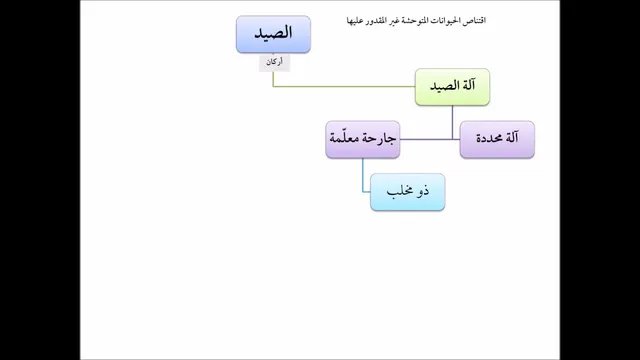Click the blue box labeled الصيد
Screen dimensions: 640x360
(x=273, y=34)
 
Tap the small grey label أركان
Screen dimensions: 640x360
(x=274, y=62)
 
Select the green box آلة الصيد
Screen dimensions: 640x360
(x=452, y=87)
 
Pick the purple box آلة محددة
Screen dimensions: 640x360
(x=497, y=139)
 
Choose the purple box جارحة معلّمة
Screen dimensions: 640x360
(x=363, y=139)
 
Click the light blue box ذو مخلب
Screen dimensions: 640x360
(x=407, y=192)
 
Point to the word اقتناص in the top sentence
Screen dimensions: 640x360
(x=474, y=20)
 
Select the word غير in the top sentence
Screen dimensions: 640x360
(x=392, y=20)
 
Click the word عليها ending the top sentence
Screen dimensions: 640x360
(x=354, y=20)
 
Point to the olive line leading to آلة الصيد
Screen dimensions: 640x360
(x=344, y=87)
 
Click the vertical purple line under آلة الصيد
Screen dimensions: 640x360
(x=452, y=122)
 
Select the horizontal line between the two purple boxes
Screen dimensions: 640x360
(x=430, y=140)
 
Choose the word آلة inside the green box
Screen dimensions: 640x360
(x=468, y=86)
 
